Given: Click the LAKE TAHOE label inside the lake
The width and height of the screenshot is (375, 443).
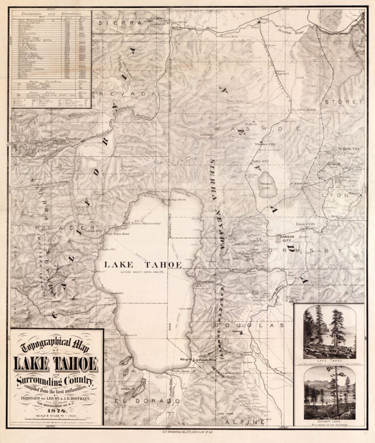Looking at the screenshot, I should (143, 265).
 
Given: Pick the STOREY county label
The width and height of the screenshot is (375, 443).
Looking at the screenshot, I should (343, 102).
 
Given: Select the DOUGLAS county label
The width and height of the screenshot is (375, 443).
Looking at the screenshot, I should (249, 326).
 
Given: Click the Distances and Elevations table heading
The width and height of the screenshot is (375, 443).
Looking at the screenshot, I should (51, 13).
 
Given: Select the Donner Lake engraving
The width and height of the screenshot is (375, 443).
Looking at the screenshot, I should (329, 395).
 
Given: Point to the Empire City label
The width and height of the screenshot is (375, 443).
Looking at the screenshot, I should (306, 225).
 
